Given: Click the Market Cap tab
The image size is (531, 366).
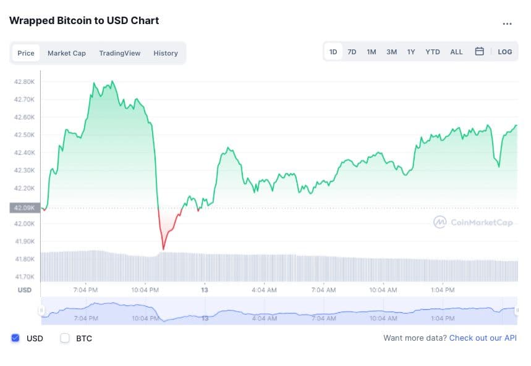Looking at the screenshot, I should click(x=67, y=53).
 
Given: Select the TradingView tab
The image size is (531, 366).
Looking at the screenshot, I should click(x=119, y=53).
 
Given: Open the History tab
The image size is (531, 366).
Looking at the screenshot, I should click(x=166, y=53).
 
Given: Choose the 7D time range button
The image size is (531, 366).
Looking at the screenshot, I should click(x=352, y=52).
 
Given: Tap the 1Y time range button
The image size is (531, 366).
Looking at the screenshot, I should click(x=411, y=52).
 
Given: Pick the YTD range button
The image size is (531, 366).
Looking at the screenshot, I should click(x=433, y=52).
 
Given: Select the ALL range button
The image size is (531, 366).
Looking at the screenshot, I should click(x=456, y=52).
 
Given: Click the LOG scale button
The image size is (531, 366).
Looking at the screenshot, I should click(x=505, y=52).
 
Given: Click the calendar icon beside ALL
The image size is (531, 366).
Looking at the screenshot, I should click(x=479, y=52).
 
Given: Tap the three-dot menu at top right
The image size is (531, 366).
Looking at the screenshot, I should click(x=507, y=24).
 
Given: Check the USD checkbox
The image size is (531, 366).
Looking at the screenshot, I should click(x=15, y=338).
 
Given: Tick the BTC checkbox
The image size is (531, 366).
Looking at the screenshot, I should click(x=65, y=338).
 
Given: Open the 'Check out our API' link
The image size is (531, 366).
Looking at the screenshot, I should click(x=483, y=338).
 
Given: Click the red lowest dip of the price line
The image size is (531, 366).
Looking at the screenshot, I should click(x=163, y=249).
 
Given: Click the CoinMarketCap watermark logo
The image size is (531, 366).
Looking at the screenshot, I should click(x=473, y=222).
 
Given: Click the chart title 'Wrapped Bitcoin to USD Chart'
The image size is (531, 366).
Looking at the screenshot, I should click(x=84, y=20).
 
